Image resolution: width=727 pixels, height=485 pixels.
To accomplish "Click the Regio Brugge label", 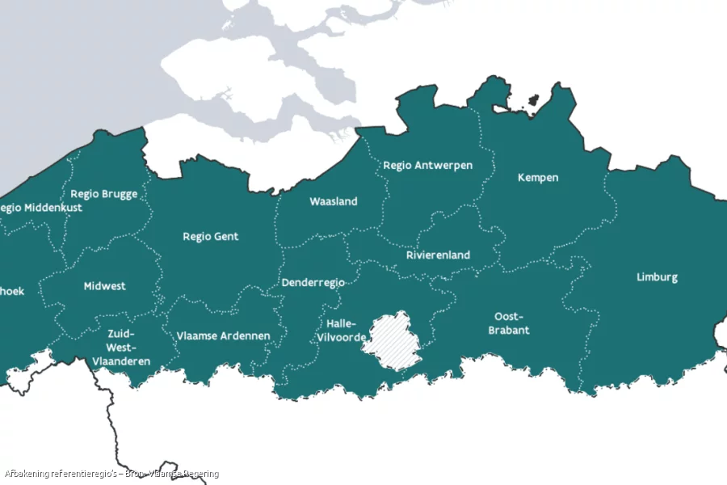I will pyautogui.click(x=103, y=194).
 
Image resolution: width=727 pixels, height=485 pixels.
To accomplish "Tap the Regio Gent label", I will pyautogui.click(x=210, y=237).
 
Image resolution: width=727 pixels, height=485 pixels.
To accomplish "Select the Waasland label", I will pyautogui.click(x=333, y=202).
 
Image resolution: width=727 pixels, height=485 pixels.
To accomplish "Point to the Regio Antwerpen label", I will pyautogui.click(x=427, y=166).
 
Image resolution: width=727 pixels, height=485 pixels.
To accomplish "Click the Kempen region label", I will pyautogui.click(x=538, y=178).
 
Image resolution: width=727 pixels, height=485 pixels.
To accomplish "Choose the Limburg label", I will pyautogui.click(x=657, y=277).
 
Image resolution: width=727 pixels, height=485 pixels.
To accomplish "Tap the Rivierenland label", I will pyautogui.click(x=438, y=255).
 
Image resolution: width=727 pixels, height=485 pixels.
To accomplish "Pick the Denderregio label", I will pyautogui.click(x=313, y=283).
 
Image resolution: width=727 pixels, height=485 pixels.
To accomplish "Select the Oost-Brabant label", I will pyautogui.click(x=509, y=323).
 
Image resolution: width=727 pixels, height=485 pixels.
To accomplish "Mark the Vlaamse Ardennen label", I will pyautogui.click(x=223, y=336).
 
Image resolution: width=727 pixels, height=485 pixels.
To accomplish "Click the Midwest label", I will pyautogui.click(x=104, y=287).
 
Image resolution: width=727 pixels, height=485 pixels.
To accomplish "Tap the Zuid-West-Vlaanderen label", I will pyautogui.click(x=121, y=347).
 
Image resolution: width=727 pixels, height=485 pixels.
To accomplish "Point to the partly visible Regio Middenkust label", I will pyautogui.click(x=40, y=208).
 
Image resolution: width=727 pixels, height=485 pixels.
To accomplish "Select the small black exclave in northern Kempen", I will pyautogui.click(x=533, y=101).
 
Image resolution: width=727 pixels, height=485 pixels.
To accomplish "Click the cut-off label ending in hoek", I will pyautogui.click(x=11, y=292).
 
